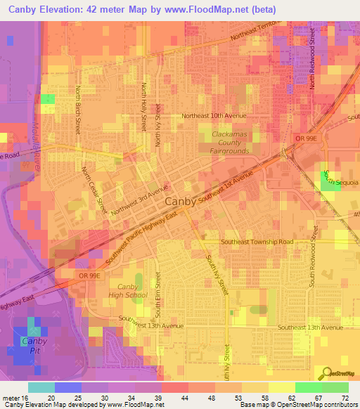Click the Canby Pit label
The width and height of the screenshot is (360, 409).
pyautogui.click(x=34, y=346)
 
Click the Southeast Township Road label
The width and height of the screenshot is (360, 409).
pyautogui.click(x=257, y=241)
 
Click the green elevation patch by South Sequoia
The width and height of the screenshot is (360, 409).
pyautogui.click(x=329, y=180)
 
